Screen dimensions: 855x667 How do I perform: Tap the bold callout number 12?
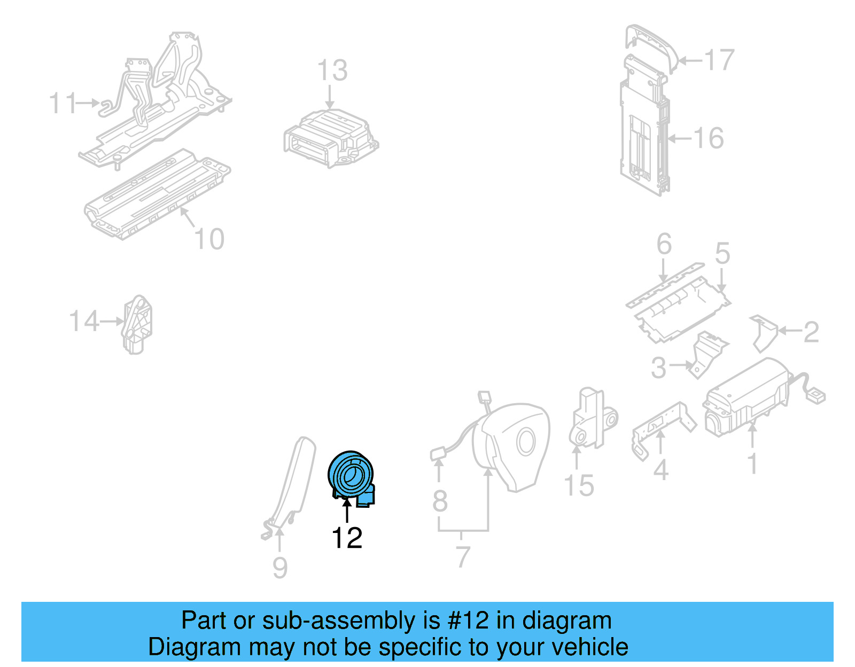(347, 538)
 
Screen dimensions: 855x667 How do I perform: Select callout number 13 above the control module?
(332, 70)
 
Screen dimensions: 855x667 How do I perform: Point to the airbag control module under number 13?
(331, 138)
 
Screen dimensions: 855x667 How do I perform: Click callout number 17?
(719, 60)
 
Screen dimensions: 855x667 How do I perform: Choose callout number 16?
(709, 138)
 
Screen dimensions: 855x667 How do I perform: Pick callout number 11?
(63, 104)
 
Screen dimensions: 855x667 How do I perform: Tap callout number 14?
(83, 321)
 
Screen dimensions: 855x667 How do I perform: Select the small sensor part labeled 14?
(136, 325)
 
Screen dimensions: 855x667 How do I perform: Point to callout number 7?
(463, 557)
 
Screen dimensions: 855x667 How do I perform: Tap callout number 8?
(440, 501)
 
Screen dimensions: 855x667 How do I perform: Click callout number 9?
(280, 568)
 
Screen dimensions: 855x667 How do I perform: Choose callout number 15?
(579, 486)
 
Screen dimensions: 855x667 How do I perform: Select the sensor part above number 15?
(593, 418)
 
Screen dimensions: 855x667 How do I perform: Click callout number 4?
(660, 470)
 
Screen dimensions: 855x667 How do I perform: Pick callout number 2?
(811, 332)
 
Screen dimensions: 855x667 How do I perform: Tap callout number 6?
(664, 244)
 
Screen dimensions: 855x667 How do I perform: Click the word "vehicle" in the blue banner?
(590, 647)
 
